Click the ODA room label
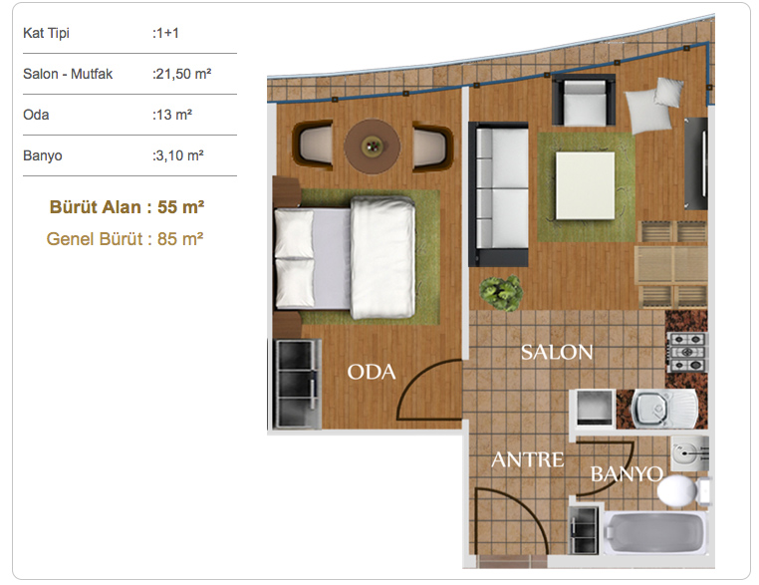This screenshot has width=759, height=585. (x=372, y=372)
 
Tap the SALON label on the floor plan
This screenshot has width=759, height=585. (x=557, y=352)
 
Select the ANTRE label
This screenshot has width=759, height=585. (x=528, y=459)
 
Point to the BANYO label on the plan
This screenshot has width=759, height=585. (x=627, y=473)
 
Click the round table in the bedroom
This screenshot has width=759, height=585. (x=373, y=146)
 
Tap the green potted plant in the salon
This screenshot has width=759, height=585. (x=501, y=293)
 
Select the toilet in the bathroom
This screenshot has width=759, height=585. (x=683, y=491)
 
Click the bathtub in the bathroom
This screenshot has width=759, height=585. (x=654, y=532)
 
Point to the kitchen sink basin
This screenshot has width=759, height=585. (x=650, y=409)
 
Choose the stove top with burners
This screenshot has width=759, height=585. (x=687, y=352)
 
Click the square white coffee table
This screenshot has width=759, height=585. (x=586, y=185)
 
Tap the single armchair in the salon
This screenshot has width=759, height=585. (x=585, y=101)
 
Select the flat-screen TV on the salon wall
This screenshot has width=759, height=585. (x=696, y=163)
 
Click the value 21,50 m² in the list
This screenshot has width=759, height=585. (x=182, y=74)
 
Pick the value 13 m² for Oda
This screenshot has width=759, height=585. (x=172, y=115)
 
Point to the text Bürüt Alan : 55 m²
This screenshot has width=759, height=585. (x=126, y=206)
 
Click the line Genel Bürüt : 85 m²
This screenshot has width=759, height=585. (x=125, y=239)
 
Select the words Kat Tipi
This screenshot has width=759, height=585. (x=46, y=33)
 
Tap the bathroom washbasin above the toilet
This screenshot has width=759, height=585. (x=690, y=453)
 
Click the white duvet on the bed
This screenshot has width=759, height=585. (x=382, y=257)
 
